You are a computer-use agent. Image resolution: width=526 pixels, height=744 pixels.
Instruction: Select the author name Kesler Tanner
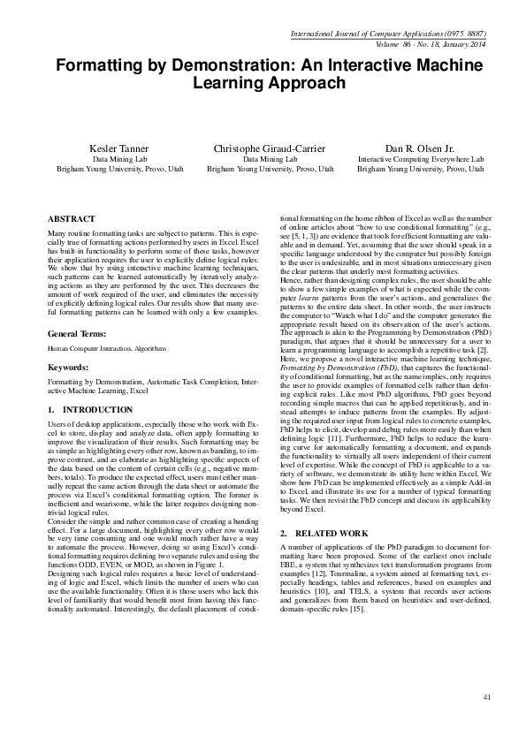tap(112, 148)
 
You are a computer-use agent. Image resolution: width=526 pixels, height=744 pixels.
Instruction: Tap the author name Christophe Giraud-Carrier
tap(271, 148)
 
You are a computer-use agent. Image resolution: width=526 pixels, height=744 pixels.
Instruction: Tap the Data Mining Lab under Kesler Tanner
tap(112, 159)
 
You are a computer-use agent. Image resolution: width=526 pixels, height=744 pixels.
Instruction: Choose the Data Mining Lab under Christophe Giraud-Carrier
tap(271, 159)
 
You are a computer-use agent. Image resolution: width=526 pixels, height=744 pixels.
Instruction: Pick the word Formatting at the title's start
tap(96, 65)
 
